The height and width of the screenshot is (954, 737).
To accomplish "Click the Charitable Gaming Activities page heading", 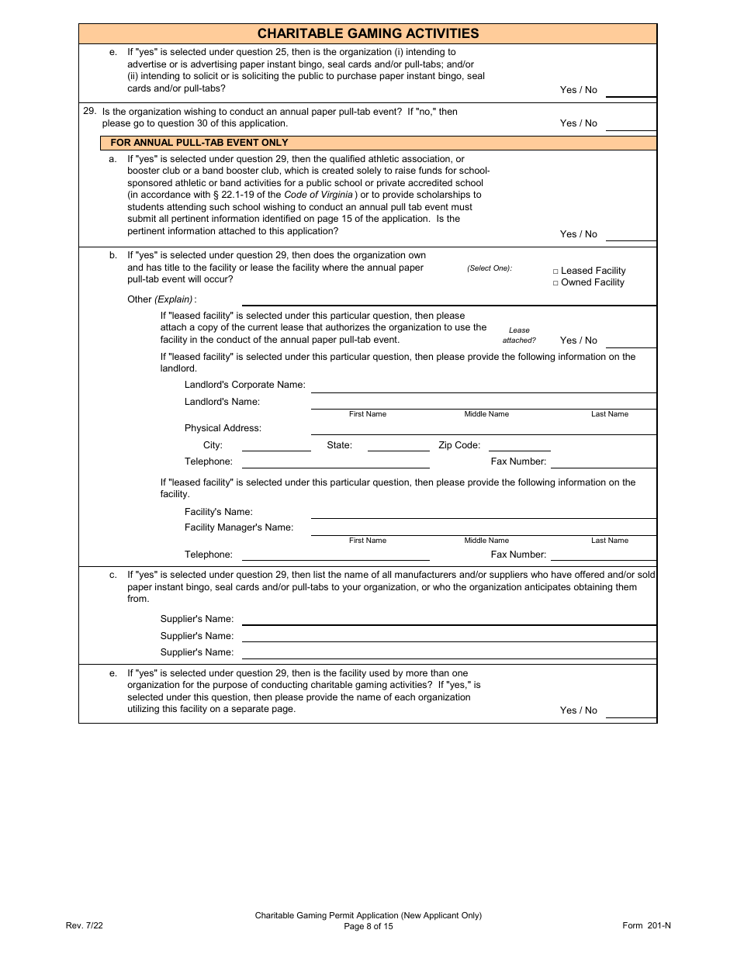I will (368, 33).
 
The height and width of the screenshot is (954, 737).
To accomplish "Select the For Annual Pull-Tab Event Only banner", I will (199, 143).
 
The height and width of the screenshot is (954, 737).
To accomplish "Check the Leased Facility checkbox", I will (555, 271).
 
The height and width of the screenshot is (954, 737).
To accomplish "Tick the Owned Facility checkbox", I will (555, 283).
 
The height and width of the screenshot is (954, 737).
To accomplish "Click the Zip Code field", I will (519, 446).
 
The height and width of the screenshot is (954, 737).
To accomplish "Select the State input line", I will (398, 446).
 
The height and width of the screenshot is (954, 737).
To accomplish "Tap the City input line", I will (276, 446).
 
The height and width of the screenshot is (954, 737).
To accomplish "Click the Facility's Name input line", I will (483, 513).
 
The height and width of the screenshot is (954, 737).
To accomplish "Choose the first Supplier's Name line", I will (448, 620).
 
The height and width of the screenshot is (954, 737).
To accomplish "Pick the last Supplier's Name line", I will (448, 653).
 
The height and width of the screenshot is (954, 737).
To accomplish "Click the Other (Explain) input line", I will (448, 300).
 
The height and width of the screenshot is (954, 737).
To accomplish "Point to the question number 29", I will (90, 112).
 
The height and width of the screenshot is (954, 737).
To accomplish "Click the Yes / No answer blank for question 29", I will (630, 124).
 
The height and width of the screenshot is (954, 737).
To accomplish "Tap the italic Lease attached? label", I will (519, 335).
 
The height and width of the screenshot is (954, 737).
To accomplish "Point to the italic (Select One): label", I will (490, 268).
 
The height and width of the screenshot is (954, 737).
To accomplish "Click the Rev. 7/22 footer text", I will (84, 925).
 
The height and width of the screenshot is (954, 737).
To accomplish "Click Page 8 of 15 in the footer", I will (368, 926).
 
